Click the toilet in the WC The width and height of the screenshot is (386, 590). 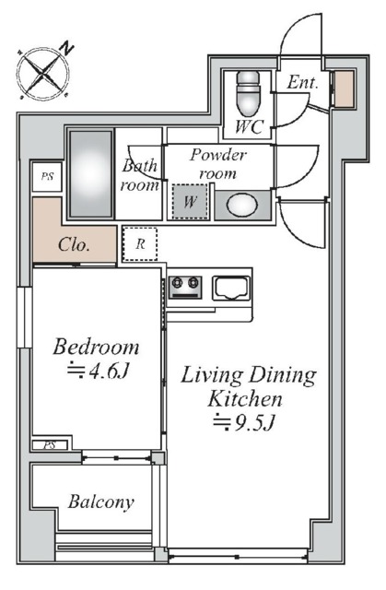point(248,93)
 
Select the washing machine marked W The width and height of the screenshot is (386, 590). point(190,201)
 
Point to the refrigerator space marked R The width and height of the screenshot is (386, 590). point(140,243)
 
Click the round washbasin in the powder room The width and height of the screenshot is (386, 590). point(242,205)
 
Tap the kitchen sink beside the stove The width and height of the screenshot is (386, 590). point(231,288)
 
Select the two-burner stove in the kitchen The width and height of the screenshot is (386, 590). point(185,288)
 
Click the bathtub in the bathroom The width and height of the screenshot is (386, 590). point(91,173)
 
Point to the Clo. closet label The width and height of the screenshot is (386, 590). point(74,245)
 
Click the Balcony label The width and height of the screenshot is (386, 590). point(100,501)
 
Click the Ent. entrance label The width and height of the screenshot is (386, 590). point(302,82)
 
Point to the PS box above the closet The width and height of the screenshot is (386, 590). point(47,176)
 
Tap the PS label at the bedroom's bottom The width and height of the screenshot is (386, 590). point(50,445)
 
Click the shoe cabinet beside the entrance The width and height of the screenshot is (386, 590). point(344,88)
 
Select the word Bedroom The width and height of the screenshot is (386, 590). point(96,347)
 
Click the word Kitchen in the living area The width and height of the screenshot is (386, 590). point(245,399)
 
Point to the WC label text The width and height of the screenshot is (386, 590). point(249,127)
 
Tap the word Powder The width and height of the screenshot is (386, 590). point(218,155)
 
